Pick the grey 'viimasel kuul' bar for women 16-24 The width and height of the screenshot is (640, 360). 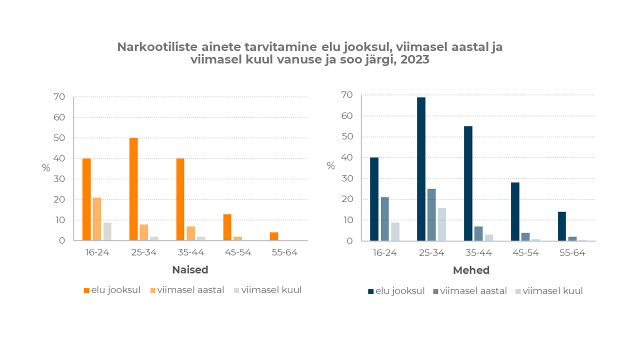(x=107, y=231)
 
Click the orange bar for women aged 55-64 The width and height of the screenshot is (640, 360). (x=274, y=236)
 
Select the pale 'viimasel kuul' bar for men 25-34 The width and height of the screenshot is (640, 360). (x=442, y=224)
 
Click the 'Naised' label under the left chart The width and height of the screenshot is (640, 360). (x=190, y=270)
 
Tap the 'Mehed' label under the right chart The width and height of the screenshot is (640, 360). (x=471, y=270)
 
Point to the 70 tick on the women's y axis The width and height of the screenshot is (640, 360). (x=59, y=97)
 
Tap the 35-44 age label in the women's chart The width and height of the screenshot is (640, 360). (x=190, y=252)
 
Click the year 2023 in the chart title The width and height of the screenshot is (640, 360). (x=414, y=60)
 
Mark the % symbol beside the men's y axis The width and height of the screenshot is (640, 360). (x=330, y=166)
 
